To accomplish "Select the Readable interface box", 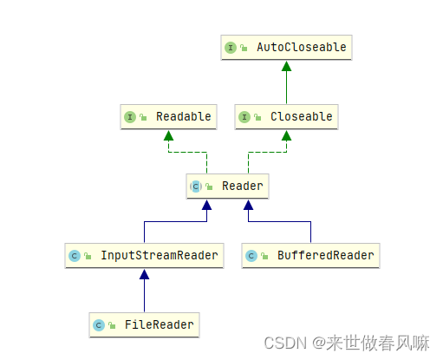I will pos(166,116).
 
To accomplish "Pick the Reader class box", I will pos(228,186).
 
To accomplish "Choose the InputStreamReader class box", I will pos(145,255).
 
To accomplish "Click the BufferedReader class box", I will pos(311,255).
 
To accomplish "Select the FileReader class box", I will pos(145,325).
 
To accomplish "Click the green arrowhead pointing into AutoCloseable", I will pos(287,66).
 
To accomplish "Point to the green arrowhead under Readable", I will pos(168,135).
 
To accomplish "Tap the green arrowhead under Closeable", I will pos(287,135).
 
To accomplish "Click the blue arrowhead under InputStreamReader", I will pos(145,274).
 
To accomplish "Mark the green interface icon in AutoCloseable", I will pos(231,48).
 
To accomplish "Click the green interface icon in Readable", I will pos(130,117).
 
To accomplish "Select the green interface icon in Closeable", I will pos(244,117).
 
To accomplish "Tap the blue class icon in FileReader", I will pos(99,326).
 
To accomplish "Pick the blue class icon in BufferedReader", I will pos(251,256).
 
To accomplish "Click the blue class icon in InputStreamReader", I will pos(75,256).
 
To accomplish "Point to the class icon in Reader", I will pos(196,187).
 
